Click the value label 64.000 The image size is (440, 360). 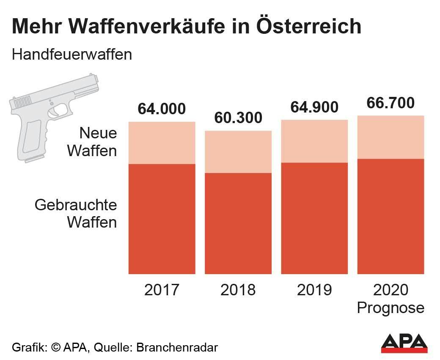point(162,109)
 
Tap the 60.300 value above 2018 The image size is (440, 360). point(238,118)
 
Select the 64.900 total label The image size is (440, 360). point(314,107)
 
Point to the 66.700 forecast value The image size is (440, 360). point(390,103)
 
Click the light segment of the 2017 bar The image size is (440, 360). point(162,143)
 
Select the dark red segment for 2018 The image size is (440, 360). point(238,223)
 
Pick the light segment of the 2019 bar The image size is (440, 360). point(314,141)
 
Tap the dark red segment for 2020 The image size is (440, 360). point(390,216)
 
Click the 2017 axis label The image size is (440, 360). point(162,290)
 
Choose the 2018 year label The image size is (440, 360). point(238,290)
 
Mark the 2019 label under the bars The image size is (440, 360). point(314,290)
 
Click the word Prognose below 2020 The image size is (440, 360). point(390,308)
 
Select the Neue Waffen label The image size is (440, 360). point(92,142)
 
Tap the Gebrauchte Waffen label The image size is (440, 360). point(76,213)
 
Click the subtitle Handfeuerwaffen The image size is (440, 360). point(72,55)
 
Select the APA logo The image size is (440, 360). point(404,343)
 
